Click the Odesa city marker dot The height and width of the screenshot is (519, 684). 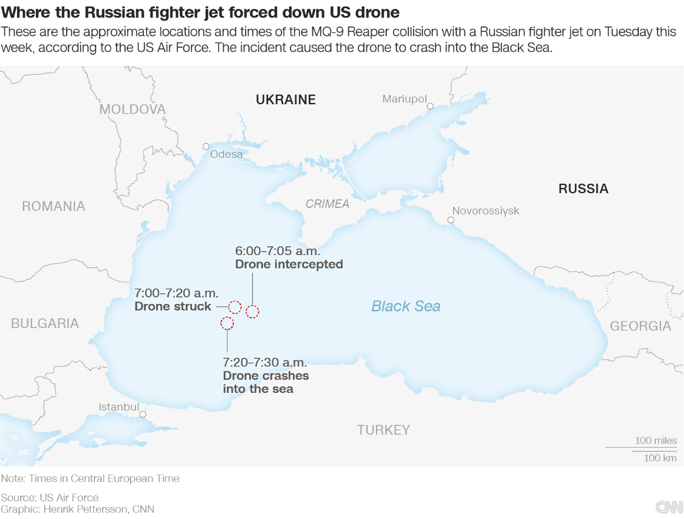pyautogui.click(x=206, y=146)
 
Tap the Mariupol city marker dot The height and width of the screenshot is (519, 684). pyautogui.click(x=431, y=106)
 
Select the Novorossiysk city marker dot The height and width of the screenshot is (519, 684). pyautogui.click(x=451, y=220)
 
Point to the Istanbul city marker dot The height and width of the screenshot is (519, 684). pyautogui.click(x=143, y=414)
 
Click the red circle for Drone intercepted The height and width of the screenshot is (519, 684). pyautogui.click(x=252, y=312)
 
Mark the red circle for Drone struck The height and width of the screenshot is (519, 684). pyautogui.click(x=234, y=306)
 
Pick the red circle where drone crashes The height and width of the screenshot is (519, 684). pyautogui.click(x=227, y=323)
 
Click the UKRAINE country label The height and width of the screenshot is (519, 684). pyautogui.click(x=286, y=100)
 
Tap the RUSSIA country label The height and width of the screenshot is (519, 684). pyautogui.click(x=583, y=189)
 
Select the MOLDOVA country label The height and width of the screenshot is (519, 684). pyautogui.click(x=133, y=109)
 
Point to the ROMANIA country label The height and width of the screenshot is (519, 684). pyautogui.click(x=54, y=206)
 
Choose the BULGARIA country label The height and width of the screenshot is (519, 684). pyautogui.click(x=45, y=323)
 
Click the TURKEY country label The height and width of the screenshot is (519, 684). pyautogui.click(x=384, y=430)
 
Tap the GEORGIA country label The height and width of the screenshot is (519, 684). pyautogui.click(x=640, y=326)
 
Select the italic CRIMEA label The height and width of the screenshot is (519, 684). pyautogui.click(x=327, y=204)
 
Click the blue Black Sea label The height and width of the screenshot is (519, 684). pyautogui.click(x=406, y=306)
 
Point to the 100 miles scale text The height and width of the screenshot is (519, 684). pyautogui.click(x=656, y=441)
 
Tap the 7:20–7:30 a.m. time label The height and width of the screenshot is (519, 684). pyautogui.click(x=265, y=362)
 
